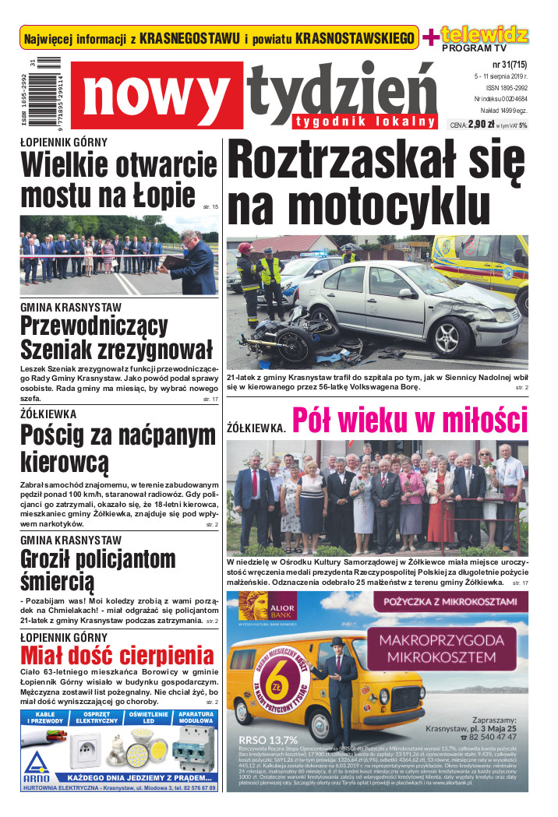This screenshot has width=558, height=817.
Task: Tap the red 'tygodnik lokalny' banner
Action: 365,121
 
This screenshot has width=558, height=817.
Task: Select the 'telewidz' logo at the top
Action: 485,34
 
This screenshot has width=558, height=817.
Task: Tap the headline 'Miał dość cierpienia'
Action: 117,656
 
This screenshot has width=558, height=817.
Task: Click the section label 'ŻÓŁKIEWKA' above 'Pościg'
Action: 48,414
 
